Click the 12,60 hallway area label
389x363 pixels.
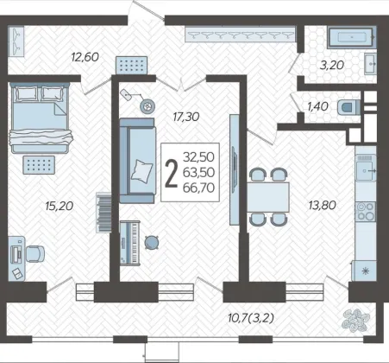click(85, 57)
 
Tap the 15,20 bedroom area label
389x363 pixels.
click(60, 206)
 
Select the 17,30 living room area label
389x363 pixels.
click(186, 117)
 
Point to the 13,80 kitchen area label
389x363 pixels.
click(322, 206)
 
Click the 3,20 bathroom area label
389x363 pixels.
click(332, 65)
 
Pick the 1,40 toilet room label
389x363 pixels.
click(317, 106)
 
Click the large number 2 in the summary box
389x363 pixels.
click(172, 173)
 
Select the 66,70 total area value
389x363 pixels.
click(198, 188)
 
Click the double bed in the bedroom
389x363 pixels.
click(41, 118)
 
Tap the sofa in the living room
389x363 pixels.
click(137, 161)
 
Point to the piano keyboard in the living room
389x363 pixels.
click(130, 243)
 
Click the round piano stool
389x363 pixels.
click(151, 242)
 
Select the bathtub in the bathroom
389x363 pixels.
click(352, 37)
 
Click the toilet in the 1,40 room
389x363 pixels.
click(348, 107)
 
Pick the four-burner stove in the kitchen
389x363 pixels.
click(366, 211)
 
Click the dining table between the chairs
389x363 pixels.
click(268, 197)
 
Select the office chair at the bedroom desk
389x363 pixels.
click(35, 254)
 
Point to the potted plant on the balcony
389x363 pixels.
click(355, 320)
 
